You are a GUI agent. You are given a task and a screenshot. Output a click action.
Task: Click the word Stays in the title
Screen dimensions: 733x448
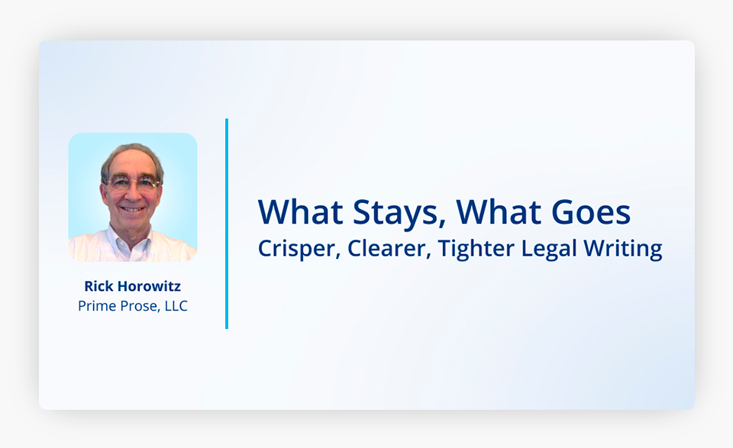click(x=396, y=213)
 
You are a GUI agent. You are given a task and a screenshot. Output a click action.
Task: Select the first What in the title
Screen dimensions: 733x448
click(x=300, y=212)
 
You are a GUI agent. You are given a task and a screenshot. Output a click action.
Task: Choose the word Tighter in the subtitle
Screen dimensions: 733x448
click(x=476, y=249)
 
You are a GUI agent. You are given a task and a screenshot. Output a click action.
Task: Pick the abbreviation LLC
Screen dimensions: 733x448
click(x=176, y=306)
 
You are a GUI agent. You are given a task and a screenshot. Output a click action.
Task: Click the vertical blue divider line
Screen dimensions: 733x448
click(x=227, y=224)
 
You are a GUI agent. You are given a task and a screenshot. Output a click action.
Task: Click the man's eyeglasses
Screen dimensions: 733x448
click(x=133, y=182)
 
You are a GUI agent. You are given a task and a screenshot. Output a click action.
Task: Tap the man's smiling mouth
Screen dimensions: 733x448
click(x=132, y=209)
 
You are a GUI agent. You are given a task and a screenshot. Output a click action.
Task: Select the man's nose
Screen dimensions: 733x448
click(x=132, y=193)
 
